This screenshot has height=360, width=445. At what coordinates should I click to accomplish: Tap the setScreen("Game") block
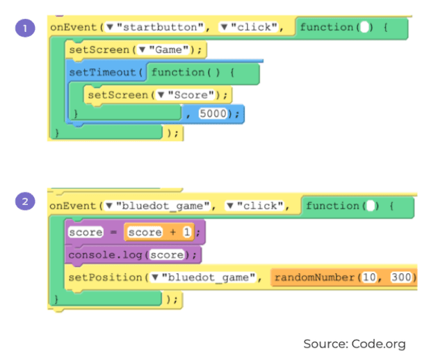tap(137, 49)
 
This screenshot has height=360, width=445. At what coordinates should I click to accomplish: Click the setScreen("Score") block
tap(157, 95)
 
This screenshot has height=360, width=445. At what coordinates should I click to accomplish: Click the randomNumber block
tap(343, 278)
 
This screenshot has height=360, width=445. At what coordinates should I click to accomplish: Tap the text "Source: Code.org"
tap(354, 343)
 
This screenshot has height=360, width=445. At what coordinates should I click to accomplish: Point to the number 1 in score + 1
tap(187, 233)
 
